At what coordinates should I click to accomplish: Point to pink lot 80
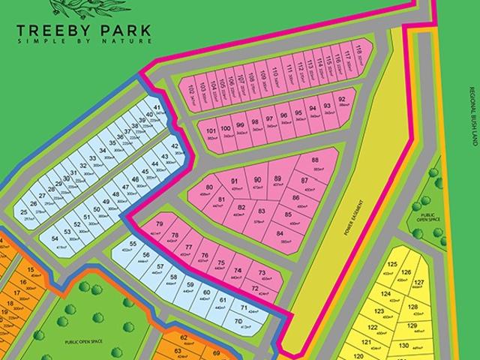click(209, 190)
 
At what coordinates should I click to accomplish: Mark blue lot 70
click(238, 323)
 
